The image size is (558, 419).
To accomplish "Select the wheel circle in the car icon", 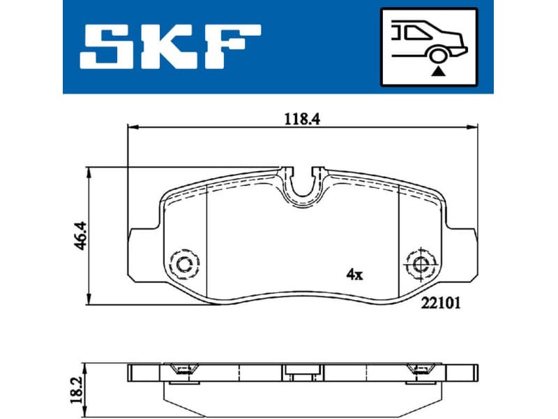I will [438, 56].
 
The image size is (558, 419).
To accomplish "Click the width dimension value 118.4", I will [301, 119].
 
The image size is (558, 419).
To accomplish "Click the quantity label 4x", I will [355, 274].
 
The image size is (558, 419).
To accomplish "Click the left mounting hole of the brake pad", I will [185, 264].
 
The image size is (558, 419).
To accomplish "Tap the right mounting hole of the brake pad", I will [420, 264].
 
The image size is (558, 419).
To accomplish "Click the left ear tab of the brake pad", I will [139, 251].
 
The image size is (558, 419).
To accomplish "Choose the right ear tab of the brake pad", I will [465, 251].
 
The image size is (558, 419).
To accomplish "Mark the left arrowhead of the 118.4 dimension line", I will [131, 127].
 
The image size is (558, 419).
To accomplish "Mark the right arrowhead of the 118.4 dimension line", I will [474, 127].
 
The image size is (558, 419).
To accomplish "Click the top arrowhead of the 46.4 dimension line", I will [89, 172].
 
